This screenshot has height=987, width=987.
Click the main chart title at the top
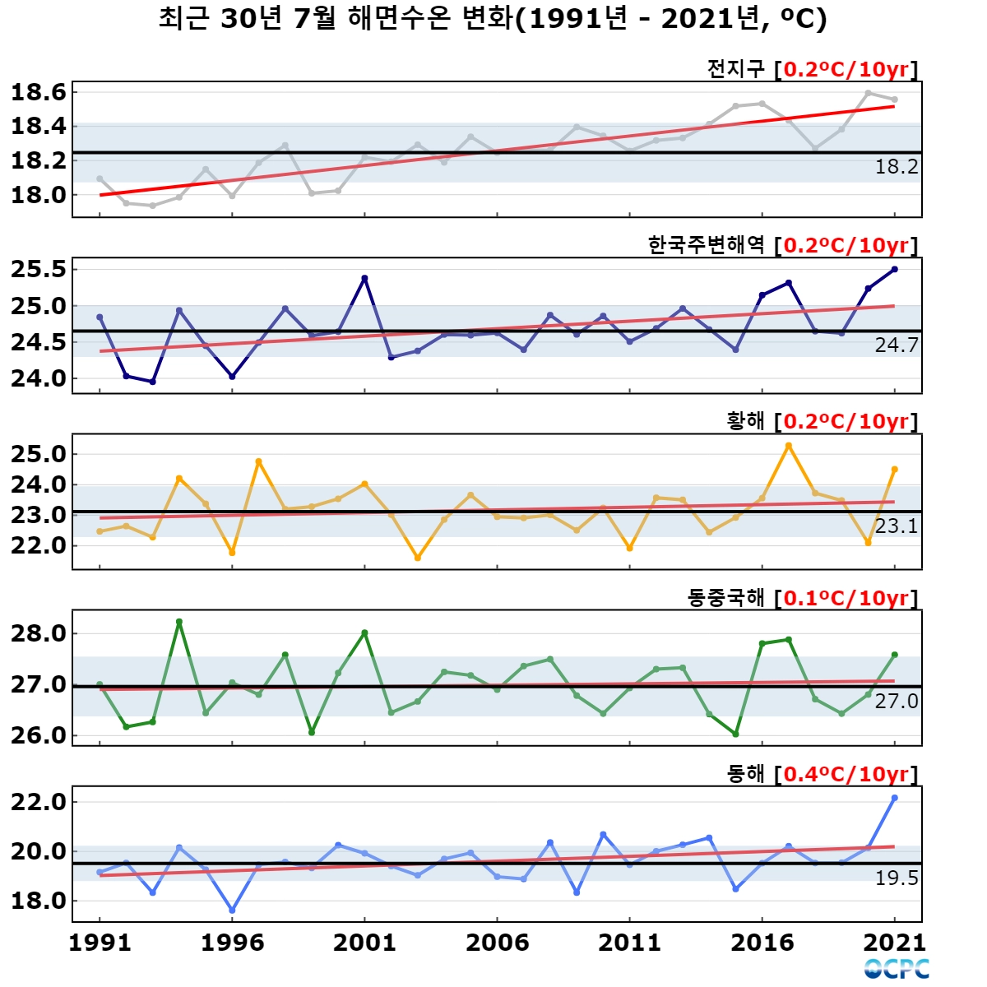tap(493, 19)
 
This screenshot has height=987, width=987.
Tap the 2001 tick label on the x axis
tap(364, 943)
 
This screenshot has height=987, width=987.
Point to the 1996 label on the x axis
tap(232, 943)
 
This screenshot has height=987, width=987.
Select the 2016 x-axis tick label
tap(762, 943)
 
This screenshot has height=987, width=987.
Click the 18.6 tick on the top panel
tap(39, 93)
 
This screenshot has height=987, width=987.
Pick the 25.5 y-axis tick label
tap(39, 270)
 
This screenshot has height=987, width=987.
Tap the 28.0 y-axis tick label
tap(39, 633)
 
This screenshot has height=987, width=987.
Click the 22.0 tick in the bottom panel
tap(39, 802)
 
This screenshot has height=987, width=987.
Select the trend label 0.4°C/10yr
tap(846, 774)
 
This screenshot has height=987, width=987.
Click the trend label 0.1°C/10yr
tap(846, 598)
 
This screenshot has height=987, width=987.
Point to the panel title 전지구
tap(735, 68)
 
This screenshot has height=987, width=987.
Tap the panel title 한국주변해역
tap(707, 245)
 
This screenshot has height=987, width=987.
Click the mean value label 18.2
tap(897, 166)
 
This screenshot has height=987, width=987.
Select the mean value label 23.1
tap(897, 526)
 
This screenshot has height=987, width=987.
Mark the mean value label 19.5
tap(897, 878)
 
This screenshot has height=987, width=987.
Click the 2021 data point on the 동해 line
tap(894, 798)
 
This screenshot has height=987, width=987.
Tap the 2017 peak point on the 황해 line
tap(788, 446)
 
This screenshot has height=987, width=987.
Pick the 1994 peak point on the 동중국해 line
tap(179, 622)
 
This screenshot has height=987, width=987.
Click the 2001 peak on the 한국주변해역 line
tap(364, 278)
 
